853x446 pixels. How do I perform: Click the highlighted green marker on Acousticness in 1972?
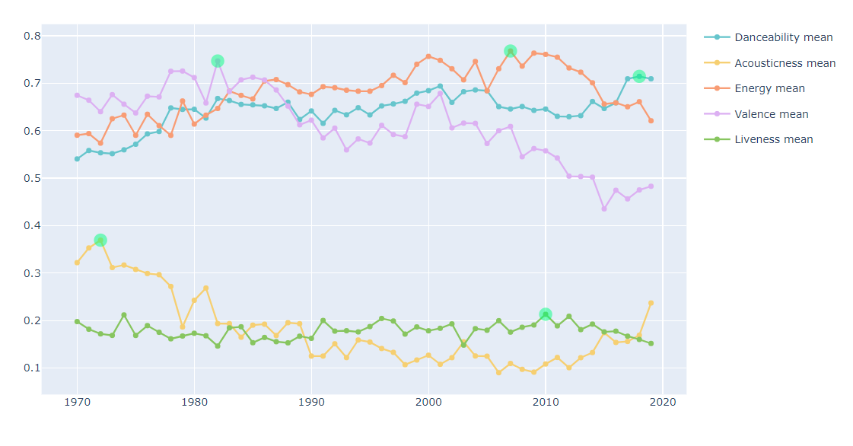pos(100,241)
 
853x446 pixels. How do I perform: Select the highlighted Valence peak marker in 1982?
pos(218,61)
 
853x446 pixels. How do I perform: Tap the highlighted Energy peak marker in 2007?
pos(511,51)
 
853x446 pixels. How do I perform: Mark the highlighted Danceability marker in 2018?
pos(639,76)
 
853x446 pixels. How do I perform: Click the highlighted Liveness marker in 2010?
pos(546,314)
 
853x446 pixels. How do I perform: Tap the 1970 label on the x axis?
pos(77,401)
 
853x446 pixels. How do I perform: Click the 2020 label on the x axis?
pos(662,401)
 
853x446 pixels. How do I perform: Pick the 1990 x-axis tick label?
pos(311,401)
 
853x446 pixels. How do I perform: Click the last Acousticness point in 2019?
pos(651,303)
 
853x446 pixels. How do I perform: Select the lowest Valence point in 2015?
pos(604,209)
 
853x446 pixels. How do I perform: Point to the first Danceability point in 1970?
pos(77,159)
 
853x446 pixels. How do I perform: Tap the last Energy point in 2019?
pos(651,121)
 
